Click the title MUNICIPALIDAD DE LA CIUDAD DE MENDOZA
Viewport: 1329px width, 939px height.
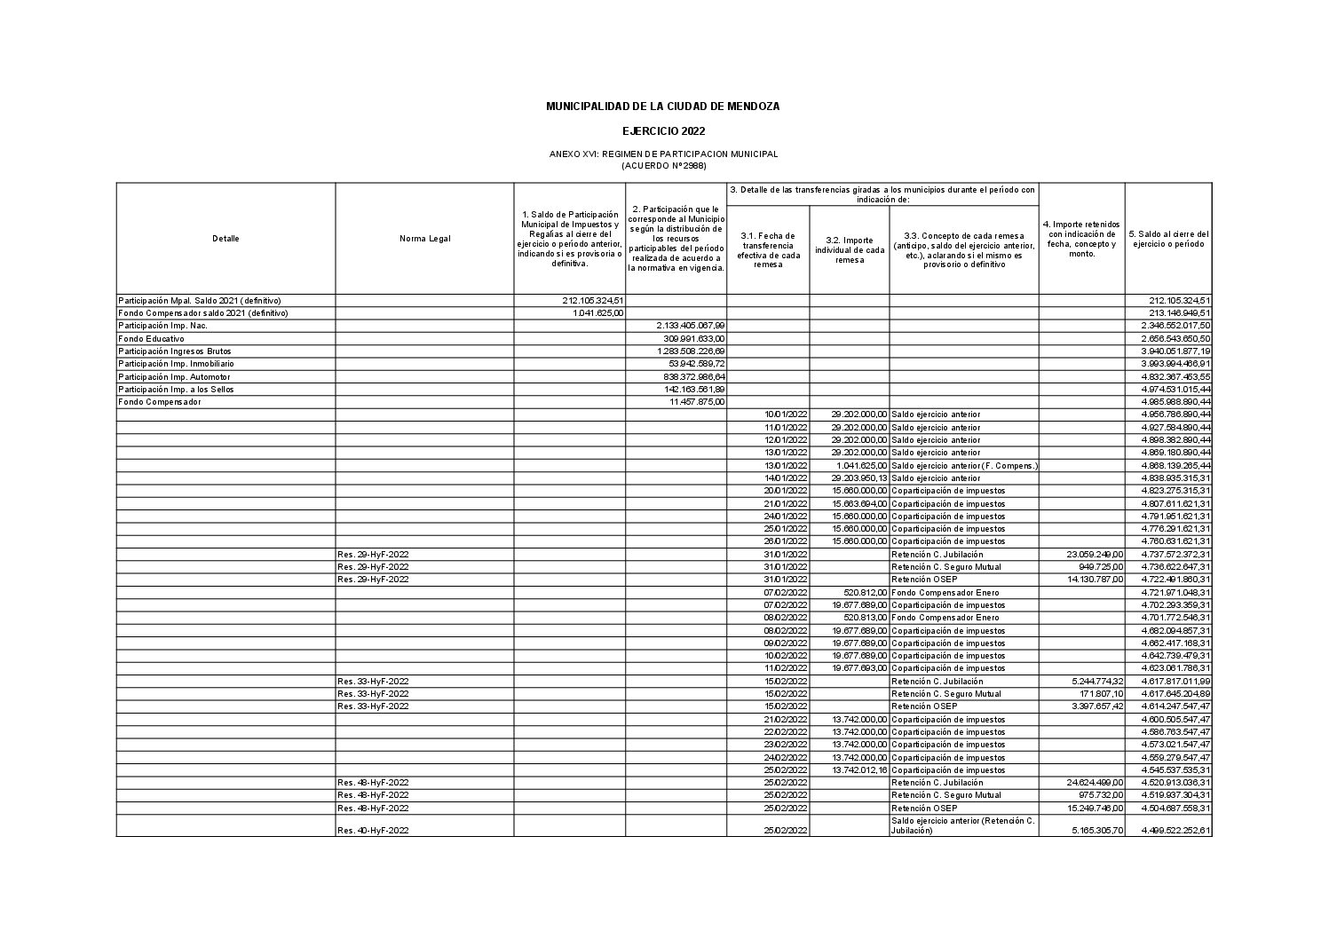662,107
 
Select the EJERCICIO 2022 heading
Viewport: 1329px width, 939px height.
663,131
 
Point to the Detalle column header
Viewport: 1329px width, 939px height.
225,238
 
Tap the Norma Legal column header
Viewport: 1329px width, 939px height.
424,238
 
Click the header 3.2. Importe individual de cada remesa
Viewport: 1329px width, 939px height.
849,249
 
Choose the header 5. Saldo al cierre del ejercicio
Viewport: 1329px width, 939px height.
1168,239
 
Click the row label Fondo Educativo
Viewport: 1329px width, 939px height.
151,338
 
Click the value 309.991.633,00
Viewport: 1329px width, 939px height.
694,338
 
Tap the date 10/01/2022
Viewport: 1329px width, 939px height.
786,414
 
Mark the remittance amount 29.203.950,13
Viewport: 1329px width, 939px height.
859,478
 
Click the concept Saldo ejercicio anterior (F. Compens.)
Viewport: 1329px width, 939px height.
964,466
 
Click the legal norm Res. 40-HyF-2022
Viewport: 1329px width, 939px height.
373,831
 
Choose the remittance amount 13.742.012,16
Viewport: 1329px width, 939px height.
859,770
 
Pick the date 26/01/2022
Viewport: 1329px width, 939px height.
786,541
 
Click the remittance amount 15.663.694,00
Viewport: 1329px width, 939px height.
859,504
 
